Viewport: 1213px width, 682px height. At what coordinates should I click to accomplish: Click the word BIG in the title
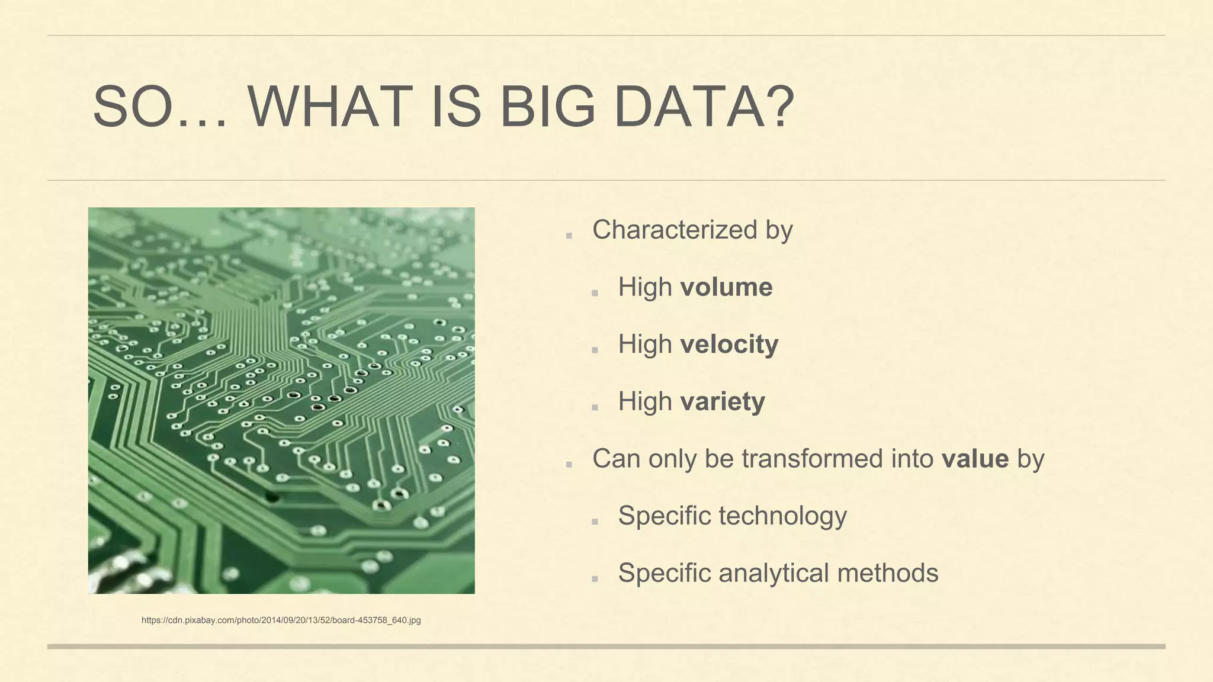tap(547, 107)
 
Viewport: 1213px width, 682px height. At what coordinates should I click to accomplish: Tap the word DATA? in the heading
tap(704, 107)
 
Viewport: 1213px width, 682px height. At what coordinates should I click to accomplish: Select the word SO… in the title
tap(160, 107)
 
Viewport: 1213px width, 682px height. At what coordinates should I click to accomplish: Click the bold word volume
tap(726, 288)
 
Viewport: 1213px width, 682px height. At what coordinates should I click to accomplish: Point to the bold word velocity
tap(729, 345)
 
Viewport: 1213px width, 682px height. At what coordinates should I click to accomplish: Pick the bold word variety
tap(722, 402)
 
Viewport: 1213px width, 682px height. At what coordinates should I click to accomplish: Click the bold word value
tap(975, 459)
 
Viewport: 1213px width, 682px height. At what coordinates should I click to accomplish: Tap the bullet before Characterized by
tap(569, 235)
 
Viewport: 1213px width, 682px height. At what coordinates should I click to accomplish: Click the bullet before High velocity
tap(595, 350)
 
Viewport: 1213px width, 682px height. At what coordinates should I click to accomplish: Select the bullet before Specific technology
tap(595, 522)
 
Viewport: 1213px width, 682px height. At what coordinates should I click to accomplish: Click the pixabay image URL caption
tap(281, 620)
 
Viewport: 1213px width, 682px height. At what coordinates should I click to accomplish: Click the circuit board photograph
tap(281, 400)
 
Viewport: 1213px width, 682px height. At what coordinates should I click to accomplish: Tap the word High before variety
tap(645, 402)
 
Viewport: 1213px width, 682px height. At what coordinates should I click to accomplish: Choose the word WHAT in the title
tap(330, 107)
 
